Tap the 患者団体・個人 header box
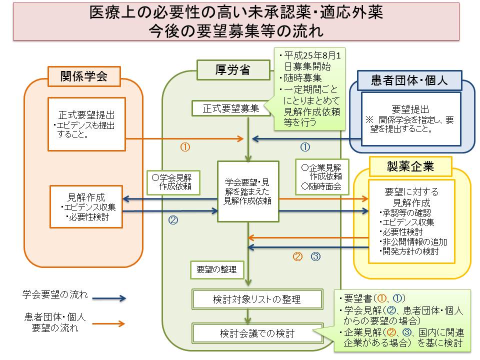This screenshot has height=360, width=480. (409, 80)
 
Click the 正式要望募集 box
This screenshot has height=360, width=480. (230, 108)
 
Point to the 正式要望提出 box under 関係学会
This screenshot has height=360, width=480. (86, 124)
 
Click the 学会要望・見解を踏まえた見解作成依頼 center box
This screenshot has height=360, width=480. (248, 191)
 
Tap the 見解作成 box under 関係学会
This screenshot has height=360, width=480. (86, 206)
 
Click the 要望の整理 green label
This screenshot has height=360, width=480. (216, 269)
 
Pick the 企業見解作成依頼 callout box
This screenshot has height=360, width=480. (322, 176)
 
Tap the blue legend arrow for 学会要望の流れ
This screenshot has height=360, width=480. (108, 298)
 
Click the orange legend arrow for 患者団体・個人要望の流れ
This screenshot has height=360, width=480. (108, 324)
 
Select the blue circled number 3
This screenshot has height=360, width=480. (315, 256)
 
